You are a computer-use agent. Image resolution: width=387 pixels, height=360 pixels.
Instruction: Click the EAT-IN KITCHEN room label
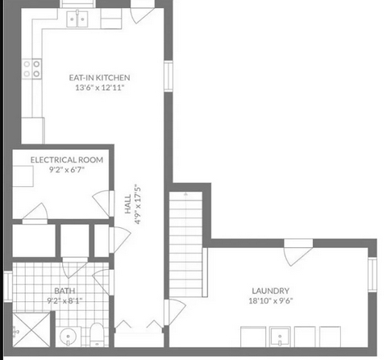tap(99, 77)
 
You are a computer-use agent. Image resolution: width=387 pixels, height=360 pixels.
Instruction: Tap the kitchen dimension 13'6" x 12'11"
tap(100, 88)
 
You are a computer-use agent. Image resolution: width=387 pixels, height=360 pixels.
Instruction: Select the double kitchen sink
tap(77, 19)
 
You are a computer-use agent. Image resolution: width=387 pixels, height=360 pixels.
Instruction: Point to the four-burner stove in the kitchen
tap(32, 68)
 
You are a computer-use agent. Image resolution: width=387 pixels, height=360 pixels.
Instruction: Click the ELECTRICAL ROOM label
tap(67, 159)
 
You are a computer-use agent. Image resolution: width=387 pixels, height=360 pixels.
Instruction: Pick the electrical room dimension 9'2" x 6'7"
tap(67, 170)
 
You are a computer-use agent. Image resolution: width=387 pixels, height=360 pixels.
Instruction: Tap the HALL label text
tap(128, 204)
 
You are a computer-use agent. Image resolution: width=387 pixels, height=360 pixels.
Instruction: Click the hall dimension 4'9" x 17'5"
tap(137, 204)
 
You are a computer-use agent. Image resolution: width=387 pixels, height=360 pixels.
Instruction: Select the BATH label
tap(64, 291)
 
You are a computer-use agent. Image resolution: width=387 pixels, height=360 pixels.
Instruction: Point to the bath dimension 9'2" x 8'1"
tap(64, 300)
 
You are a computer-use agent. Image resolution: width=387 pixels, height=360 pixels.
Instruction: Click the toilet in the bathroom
tap(97, 334)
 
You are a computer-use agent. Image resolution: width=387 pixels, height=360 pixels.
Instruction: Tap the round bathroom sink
tap(68, 337)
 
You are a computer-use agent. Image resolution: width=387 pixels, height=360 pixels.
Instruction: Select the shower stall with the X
tap(31, 329)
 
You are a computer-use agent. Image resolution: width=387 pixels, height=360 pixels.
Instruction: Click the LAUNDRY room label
tap(270, 291)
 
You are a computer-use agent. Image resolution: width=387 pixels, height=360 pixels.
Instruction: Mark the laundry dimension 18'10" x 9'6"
tap(270, 300)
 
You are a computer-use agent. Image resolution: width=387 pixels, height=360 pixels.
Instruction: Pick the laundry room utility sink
tap(280, 337)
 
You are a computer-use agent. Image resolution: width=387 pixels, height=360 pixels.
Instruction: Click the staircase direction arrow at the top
tap(185, 194)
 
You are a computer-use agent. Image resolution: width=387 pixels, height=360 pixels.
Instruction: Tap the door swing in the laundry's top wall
tap(298, 252)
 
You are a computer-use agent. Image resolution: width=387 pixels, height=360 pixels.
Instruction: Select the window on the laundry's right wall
tap(372, 275)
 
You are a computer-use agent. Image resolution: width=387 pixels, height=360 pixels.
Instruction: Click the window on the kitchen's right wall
tap(169, 76)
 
